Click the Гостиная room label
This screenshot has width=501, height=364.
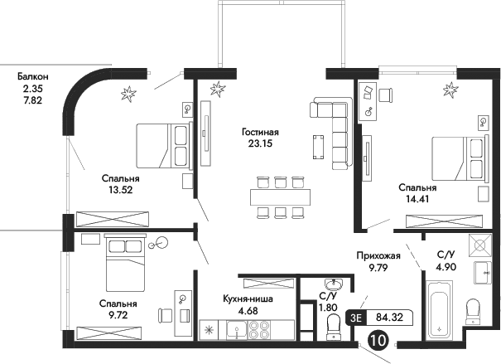click(261, 131)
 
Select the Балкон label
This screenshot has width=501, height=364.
click(36, 76)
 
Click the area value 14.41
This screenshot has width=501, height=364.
click(417, 199)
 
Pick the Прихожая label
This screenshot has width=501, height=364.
click(378, 256)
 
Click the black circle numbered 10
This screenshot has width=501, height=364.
click(378, 339)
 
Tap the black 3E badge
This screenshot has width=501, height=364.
click(356, 316)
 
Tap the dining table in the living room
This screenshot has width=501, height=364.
click(280, 197)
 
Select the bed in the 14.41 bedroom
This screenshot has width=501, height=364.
click(455, 158)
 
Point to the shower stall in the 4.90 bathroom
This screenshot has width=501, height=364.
click(478, 246)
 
